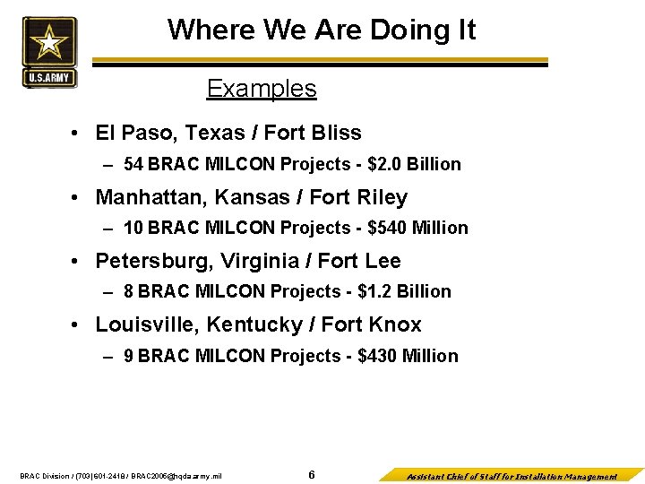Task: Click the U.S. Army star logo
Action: point(49,51)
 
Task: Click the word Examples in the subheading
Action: point(262,89)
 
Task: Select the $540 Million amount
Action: point(418,228)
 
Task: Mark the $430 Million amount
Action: point(408,356)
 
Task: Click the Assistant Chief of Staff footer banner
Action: point(512,476)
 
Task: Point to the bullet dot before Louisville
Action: point(79,324)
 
